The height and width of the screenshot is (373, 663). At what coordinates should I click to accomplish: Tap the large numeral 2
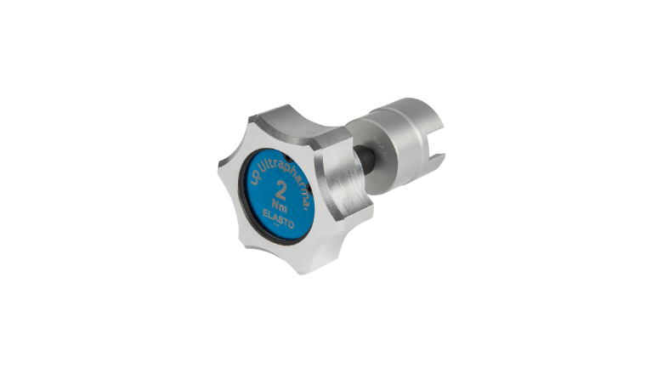280,189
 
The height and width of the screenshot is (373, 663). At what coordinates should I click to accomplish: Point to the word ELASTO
278,219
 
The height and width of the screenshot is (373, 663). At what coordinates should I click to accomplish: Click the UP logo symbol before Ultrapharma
255,178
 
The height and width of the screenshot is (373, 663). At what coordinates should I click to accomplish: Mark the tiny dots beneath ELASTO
277,225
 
